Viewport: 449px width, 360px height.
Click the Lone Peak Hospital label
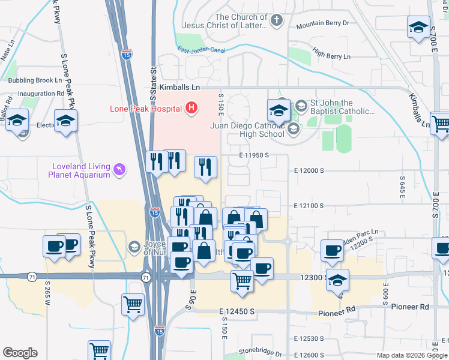(x=145, y=109)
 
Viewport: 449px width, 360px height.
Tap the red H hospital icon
(x=191, y=108)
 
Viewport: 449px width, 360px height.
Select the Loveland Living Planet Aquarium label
(x=79, y=170)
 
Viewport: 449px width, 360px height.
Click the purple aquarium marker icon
(x=121, y=170)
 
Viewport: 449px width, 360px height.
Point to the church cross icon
(x=276, y=21)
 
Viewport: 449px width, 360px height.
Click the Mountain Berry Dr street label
(x=323, y=25)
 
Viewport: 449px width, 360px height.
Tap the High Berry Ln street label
(x=331, y=56)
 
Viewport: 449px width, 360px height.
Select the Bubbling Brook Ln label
(x=35, y=80)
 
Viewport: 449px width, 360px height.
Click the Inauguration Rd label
(x=41, y=94)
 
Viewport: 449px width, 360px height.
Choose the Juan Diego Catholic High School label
(x=247, y=130)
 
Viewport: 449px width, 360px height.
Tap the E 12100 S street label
(x=309, y=206)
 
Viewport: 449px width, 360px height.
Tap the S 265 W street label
(x=47, y=293)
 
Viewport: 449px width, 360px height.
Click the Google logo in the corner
(x=20, y=353)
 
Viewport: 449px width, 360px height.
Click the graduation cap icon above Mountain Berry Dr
(x=418, y=26)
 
